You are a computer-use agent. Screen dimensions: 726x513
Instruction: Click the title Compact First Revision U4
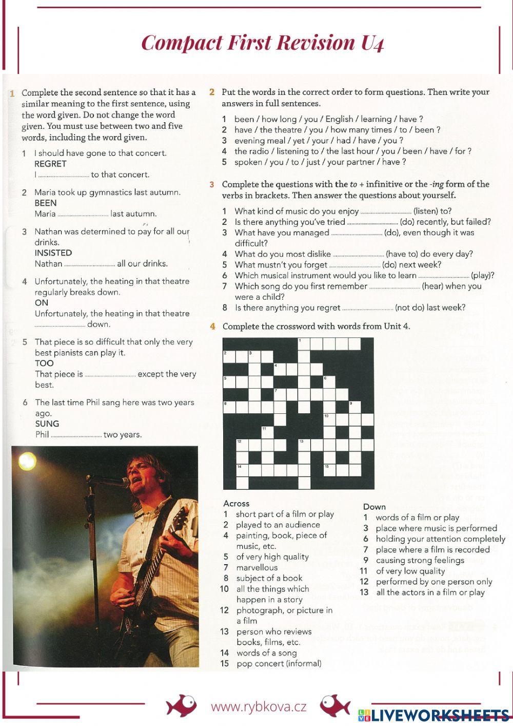[x=262, y=43]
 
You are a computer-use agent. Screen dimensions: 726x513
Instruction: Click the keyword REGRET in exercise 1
[x=50, y=164]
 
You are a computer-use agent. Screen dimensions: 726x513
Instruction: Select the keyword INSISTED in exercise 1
[x=53, y=253]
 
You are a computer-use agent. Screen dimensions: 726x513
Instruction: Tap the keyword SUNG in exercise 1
[x=47, y=424]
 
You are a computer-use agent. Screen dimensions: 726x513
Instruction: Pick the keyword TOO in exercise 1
[x=44, y=363]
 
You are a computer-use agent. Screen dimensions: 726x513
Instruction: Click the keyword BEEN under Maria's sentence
[x=45, y=203]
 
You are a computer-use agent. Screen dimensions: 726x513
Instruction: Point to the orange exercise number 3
[x=212, y=184]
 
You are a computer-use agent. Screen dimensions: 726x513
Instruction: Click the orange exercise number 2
[x=212, y=92]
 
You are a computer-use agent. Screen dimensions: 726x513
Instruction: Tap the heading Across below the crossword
[x=236, y=504]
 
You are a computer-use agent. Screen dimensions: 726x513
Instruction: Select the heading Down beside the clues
[x=374, y=507]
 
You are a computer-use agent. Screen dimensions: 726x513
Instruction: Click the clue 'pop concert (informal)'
[x=279, y=663]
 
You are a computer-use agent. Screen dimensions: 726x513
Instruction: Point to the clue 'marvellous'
[x=256, y=567]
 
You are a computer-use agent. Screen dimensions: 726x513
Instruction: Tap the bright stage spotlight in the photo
[x=27, y=461]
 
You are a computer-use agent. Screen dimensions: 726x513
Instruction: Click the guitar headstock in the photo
[x=180, y=519]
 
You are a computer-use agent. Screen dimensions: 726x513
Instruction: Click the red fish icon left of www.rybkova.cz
[x=181, y=706]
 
